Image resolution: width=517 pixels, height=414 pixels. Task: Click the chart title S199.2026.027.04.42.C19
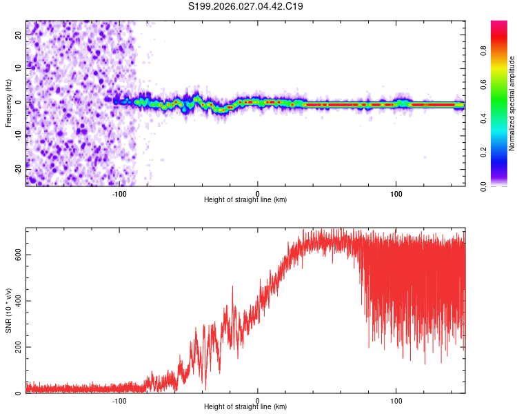246,7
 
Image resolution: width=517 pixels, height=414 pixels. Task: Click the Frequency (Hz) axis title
8,103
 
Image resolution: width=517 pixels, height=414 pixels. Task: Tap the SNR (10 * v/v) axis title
8,310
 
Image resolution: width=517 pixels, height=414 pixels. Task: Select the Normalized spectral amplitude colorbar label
512,103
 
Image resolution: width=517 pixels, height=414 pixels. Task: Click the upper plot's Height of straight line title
245,199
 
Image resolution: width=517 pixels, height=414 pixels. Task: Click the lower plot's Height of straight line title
245,406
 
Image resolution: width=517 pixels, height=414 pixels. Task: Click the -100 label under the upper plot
119,193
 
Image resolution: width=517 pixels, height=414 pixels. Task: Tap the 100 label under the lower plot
396,400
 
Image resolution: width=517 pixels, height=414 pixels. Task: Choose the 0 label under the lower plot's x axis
258,400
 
